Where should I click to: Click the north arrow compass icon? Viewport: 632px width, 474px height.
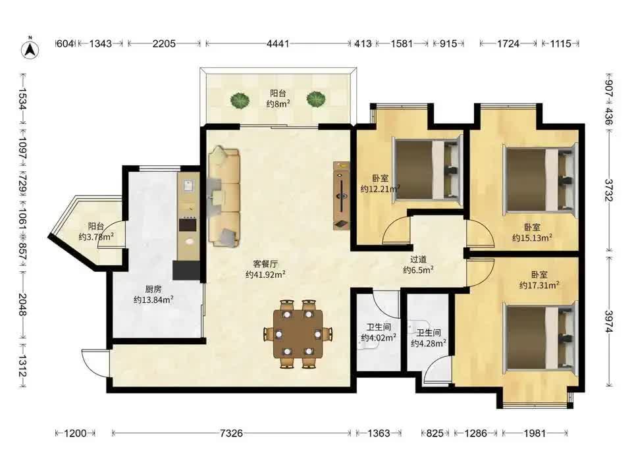(x=30, y=49)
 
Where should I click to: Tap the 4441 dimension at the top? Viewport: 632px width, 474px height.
(x=278, y=43)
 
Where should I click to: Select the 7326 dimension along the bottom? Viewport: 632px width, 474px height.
(x=232, y=433)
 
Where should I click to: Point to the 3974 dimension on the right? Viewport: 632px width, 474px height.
(x=609, y=321)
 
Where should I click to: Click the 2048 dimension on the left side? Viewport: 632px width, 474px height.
(x=22, y=305)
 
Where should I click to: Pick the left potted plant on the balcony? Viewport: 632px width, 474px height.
(x=240, y=100)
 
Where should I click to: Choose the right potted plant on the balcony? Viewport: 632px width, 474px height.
(x=315, y=99)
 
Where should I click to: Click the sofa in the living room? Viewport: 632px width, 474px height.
(x=224, y=196)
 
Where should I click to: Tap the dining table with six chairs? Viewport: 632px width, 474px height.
(x=298, y=334)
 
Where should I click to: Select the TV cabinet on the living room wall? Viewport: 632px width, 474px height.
(x=342, y=196)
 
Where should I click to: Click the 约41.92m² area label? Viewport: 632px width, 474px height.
(x=265, y=275)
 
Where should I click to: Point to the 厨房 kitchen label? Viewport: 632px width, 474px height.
(x=153, y=289)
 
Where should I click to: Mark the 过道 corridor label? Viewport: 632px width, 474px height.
(x=418, y=260)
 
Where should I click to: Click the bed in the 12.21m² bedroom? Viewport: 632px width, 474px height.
(x=427, y=169)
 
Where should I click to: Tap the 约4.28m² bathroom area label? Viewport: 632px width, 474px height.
(x=429, y=344)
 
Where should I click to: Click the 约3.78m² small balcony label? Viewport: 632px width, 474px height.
(x=96, y=237)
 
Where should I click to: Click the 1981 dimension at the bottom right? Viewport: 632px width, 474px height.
(x=535, y=433)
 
